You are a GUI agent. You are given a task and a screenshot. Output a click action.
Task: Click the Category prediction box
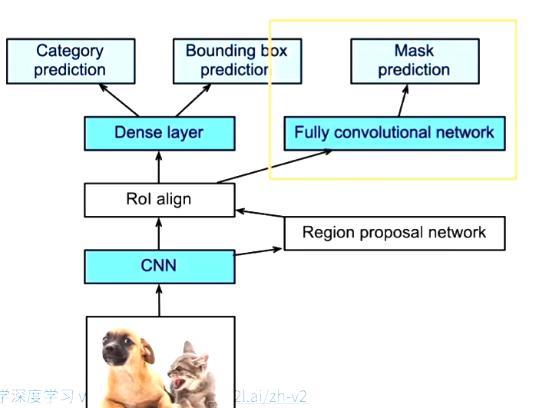(70, 61)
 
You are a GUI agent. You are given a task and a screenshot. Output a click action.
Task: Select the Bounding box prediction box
(236, 61)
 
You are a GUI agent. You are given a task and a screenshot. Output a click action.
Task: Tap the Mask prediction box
(414, 61)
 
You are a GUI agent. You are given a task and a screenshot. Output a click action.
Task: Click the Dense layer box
(159, 132)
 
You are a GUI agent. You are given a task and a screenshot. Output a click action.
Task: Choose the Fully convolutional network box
(394, 132)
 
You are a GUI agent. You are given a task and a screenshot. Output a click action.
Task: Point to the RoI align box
(159, 200)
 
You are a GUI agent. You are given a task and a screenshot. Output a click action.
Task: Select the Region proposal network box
(394, 233)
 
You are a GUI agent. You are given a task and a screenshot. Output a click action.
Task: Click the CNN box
(159, 266)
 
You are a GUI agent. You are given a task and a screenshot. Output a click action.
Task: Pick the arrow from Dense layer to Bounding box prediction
(197, 100)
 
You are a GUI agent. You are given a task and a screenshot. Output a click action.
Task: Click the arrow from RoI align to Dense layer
(159, 167)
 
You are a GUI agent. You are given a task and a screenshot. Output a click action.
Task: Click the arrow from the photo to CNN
(159, 300)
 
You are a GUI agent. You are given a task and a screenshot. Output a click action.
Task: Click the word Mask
(414, 51)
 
